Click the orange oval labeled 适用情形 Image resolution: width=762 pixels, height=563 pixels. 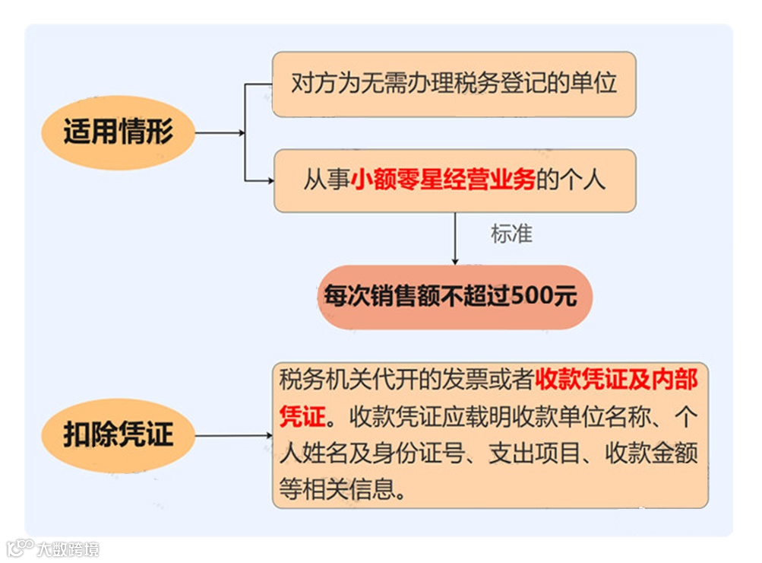coord(118,133)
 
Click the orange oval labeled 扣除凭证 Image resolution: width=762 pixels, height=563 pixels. coord(118,436)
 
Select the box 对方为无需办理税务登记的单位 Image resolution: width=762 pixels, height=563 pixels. coord(454,84)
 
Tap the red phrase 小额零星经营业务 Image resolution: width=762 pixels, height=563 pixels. coord(443,181)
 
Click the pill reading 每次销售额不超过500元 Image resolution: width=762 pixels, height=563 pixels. coord(454,297)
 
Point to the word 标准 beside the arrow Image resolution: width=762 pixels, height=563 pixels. coord(511,234)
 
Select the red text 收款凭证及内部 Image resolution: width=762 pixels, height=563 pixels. coord(616,379)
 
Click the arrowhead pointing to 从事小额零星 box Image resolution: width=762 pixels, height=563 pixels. coord(268,181)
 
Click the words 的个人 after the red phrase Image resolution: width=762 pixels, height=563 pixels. coord(571,181)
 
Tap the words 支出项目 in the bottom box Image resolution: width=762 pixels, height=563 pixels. coord(535,453)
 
